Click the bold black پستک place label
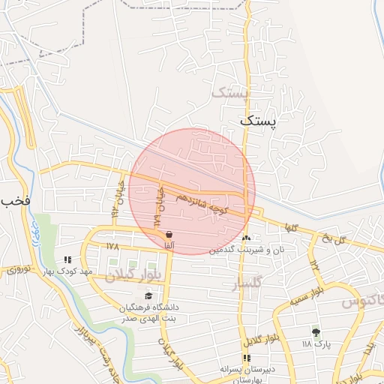point(259,119)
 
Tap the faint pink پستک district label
point(229,92)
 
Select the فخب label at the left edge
point(15,201)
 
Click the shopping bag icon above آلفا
point(169,235)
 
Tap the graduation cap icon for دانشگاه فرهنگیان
point(147,295)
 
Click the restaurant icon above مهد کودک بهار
point(68,259)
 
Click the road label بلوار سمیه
point(307,295)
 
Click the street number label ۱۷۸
point(112,245)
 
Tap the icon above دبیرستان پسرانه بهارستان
point(247,358)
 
